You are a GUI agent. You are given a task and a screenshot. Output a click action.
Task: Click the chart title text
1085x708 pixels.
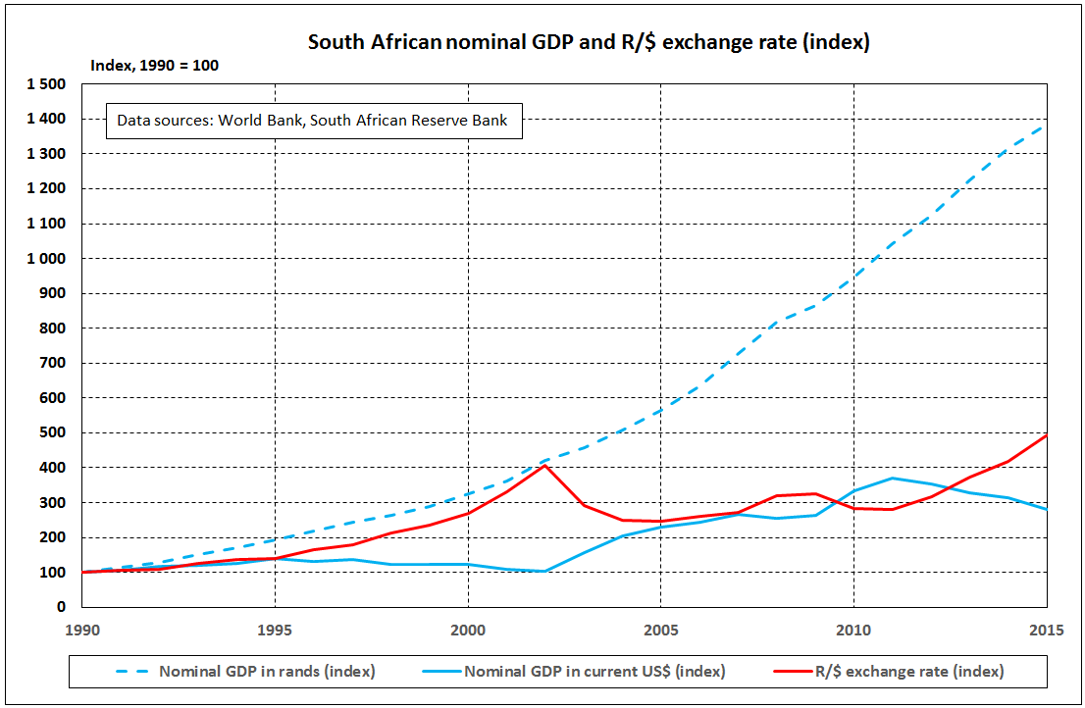pyautogui.click(x=589, y=43)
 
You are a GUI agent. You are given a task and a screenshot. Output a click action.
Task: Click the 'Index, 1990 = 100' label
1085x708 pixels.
pyautogui.click(x=154, y=66)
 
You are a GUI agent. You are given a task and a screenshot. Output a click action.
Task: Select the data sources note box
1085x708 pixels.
pyautogui.click(x=312, y=121)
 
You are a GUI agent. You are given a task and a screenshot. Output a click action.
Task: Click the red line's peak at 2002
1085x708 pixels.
pyautogui.click(x=544, y=465)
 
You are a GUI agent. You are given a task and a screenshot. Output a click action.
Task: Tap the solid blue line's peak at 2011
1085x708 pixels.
pyautogui.click(x=892, y=478)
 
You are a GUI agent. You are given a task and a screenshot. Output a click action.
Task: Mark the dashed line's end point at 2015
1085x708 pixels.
pyautogui.click(x=1046, y=125)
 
